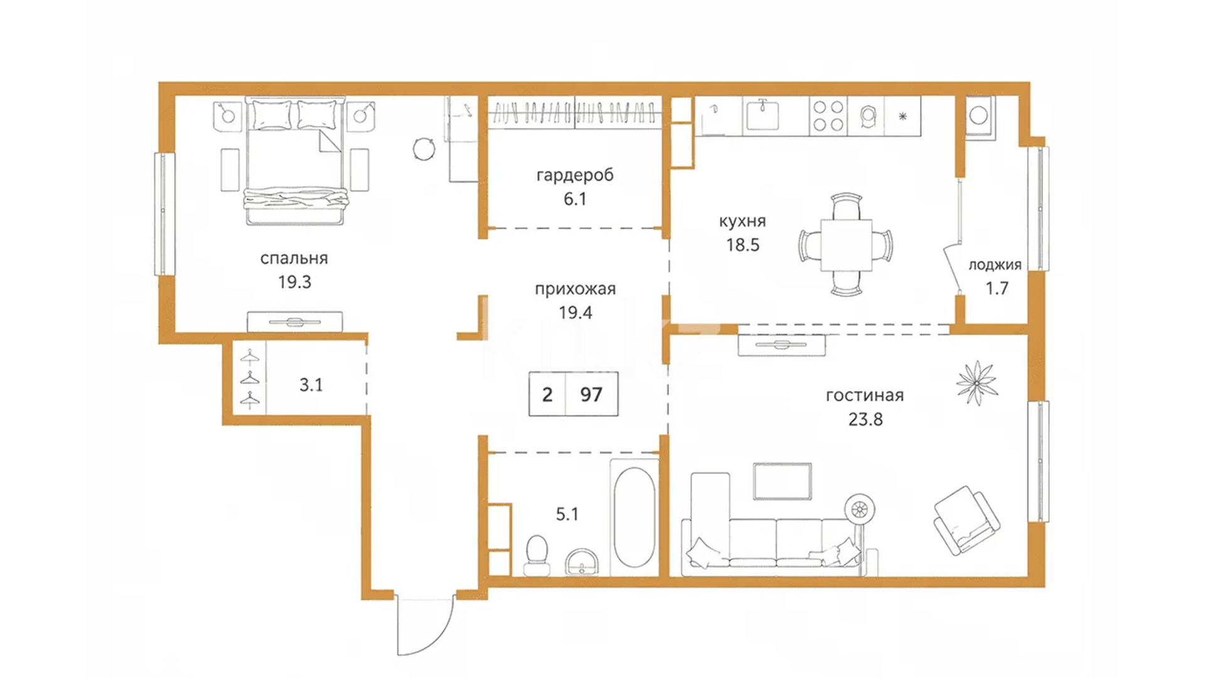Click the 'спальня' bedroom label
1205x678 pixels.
pos(294,259)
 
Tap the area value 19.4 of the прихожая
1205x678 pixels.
pos(576,313)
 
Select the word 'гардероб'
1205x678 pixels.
pos(575,175)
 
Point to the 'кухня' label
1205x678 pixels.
pos(742,222)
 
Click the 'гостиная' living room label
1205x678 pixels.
pos(865,395)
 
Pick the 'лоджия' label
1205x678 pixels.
pos(995,265)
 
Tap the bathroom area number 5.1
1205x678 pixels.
pos(567,515)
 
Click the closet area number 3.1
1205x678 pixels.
pos(311,385)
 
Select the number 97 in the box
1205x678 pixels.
pos(591,394)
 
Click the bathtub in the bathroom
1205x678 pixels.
pos(635,517)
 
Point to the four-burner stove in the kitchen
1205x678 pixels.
pos(828,116)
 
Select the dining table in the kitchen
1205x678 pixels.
pos(846,245)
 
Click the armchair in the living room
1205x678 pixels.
pos(967,520)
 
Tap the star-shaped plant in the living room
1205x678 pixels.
pos(977,382)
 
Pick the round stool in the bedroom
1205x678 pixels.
pos(424,149)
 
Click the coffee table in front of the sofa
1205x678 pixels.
pos(782,482)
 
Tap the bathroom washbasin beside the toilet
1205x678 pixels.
pos(582,562)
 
